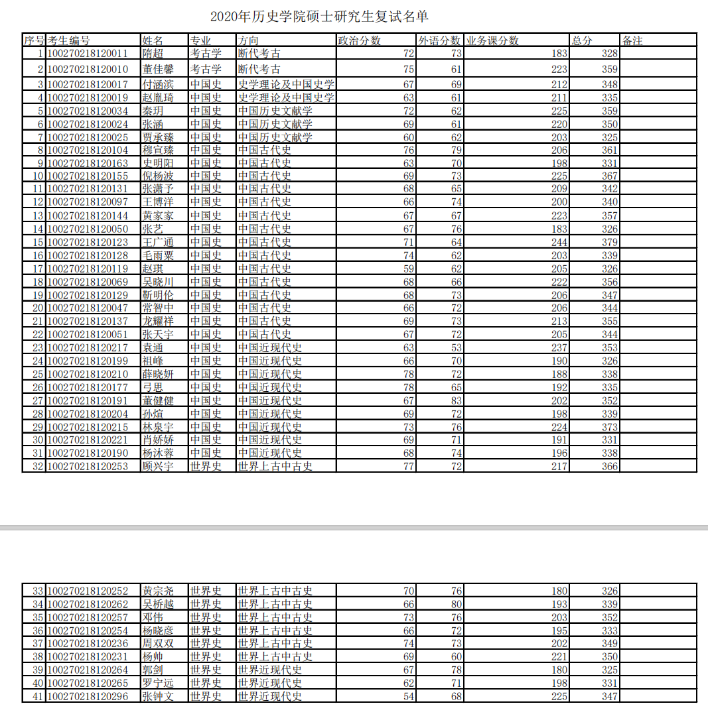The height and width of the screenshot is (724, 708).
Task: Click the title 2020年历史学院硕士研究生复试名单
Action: point(324,16)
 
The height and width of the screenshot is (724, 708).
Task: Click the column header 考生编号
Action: point(68,40)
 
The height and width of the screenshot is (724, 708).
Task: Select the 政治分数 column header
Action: point(360,40)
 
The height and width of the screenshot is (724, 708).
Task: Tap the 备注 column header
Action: point(632,40)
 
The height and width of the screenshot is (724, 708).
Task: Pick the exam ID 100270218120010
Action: point(88,69)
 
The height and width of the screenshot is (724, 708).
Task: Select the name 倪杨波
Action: point(158,176)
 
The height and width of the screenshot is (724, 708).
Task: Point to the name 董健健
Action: point(158,400)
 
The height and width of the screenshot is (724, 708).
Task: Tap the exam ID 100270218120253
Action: point(88,466)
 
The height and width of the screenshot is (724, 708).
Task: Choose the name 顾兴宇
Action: point(158,466)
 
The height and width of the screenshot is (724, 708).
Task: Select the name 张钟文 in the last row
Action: point(158,696)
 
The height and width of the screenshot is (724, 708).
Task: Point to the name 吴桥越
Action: point(158,604)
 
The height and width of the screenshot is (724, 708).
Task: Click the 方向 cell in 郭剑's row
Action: point(269,670)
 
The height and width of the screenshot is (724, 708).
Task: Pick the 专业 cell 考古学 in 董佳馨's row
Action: point(206,69)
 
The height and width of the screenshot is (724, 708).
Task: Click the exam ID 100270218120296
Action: point(88,696)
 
